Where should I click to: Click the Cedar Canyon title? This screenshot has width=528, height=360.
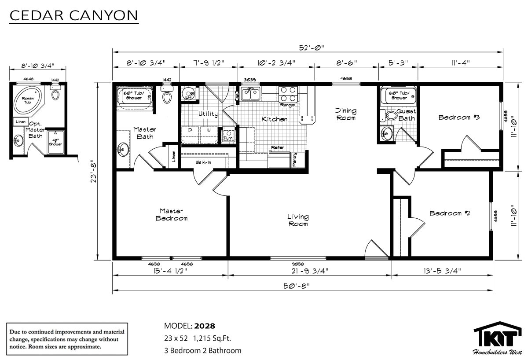point(74,16)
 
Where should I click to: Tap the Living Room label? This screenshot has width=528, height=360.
point(298,220)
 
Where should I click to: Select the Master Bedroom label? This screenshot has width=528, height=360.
point(171,215)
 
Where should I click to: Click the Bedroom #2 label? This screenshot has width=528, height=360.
point(450,213)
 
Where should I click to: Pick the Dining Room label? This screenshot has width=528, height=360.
point(345,114)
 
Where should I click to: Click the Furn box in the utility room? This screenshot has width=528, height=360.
point(228,134)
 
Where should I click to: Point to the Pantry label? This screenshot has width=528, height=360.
point(295,159)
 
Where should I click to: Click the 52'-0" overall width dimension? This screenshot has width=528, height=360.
point(308,48)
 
